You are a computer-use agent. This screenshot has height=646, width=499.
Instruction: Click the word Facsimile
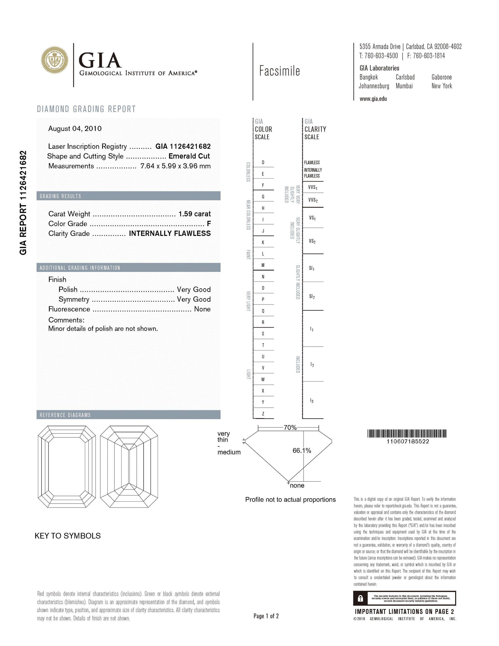click(279, 71)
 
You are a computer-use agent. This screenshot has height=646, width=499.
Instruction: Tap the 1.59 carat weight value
click(195, 214)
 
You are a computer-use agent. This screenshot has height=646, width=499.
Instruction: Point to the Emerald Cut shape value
click(189, 156)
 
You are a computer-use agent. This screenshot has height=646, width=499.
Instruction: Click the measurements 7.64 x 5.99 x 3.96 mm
click(175, 166)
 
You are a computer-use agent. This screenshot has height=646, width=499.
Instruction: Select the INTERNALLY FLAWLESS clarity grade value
click(170, 233)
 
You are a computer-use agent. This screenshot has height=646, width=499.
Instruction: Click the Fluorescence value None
click(202, 309)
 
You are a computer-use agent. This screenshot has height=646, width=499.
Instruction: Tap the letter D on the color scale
click(263, 162)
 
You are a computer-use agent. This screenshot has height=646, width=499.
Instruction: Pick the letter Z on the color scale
click(263, 414)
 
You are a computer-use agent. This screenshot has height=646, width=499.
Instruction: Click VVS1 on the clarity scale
click(313, 188)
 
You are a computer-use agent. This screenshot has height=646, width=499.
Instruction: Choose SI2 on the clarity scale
click(312, 296)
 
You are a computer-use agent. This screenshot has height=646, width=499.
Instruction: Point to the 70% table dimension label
click(290, 428)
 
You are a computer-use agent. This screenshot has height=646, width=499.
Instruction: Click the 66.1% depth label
click(302, 451)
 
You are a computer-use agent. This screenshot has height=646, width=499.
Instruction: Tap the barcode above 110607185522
click(407, 434)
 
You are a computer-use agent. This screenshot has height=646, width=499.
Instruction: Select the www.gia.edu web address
click(373, 99)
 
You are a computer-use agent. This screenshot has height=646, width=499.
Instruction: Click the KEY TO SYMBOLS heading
click(68, 536)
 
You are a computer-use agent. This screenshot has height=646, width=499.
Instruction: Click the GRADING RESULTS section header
click(60, 196)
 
